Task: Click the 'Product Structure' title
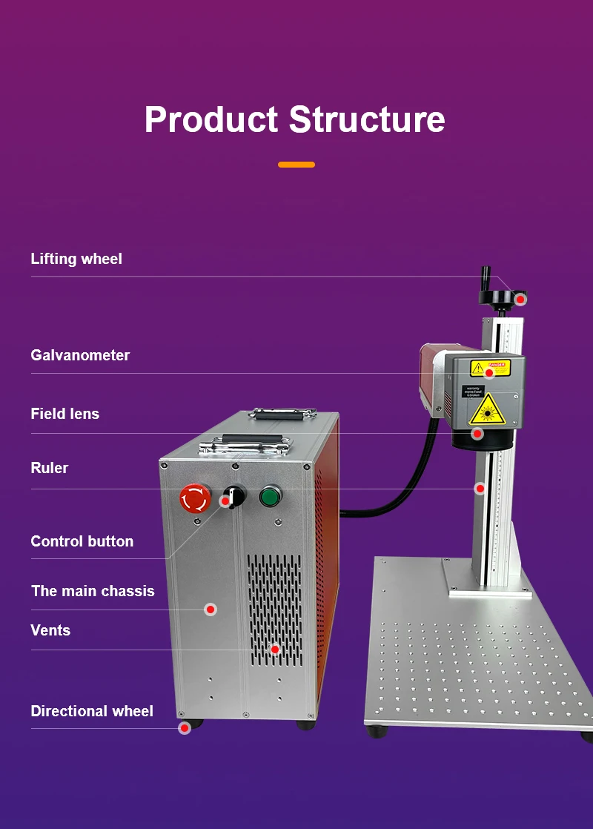(295, 119)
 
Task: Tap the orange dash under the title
(296, 165)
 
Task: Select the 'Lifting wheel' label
(76, 259)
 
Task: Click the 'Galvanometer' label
(80, 355)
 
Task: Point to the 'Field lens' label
(65, 414)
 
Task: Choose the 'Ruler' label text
(50, 468)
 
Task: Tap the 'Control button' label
(82, 541)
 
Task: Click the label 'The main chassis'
(93, 591)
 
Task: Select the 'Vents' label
(50, 630)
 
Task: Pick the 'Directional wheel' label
(92, 711)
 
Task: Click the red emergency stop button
(195, 498)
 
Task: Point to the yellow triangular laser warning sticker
(486, 409)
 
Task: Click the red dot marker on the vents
(275, 650)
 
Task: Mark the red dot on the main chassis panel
(211, 610)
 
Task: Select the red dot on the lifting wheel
(521, 299)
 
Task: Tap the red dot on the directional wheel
(185, 728)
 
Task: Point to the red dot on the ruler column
(480, 489)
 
